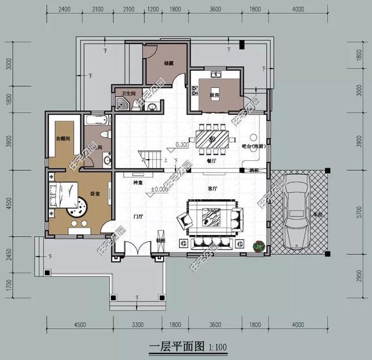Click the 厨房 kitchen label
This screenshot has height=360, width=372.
click(214, 95)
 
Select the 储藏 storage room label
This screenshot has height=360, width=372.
click(169, 63)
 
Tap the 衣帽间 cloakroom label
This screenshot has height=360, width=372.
click(63, 139)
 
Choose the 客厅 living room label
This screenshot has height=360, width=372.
click(212, 189)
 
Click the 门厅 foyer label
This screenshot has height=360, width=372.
click(138, 216)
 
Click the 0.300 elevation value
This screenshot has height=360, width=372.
click(182, 145)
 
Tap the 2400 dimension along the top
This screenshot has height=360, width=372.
click(65, 9)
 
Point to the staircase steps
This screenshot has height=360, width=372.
click(150, 156)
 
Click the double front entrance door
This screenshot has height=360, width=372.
click(133, 248)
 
